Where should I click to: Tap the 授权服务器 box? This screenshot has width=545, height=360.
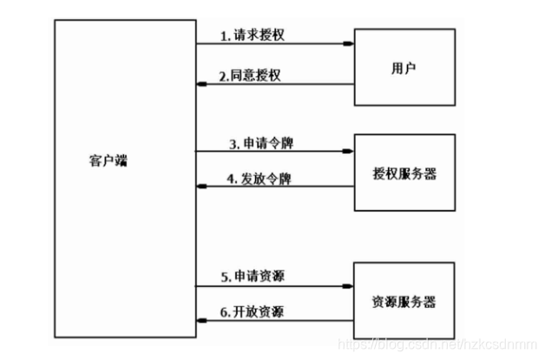[x=404, y=173]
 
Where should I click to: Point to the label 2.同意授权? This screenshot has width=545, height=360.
[x=250, y=75]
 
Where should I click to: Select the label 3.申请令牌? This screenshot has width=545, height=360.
[x=260, y=142]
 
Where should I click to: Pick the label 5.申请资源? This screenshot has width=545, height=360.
[x=253, y=276]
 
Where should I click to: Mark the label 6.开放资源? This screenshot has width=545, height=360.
[x=253, y=311]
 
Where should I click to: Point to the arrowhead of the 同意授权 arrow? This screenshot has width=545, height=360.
[x=200, y=84]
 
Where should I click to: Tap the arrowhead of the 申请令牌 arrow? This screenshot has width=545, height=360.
[x=351, y=151]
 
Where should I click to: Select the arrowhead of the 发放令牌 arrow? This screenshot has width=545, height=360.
[x=200, y=187]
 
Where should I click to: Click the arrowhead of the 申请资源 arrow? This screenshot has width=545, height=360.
[x=351, y=285]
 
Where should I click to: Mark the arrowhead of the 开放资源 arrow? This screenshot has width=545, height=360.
[x=200, y=320]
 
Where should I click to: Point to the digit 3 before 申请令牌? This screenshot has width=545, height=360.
[x=232, y=143]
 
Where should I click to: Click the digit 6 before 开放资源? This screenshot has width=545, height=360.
[x=224, y=312]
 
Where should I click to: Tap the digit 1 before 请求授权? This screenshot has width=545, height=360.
[x=223, y=36]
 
